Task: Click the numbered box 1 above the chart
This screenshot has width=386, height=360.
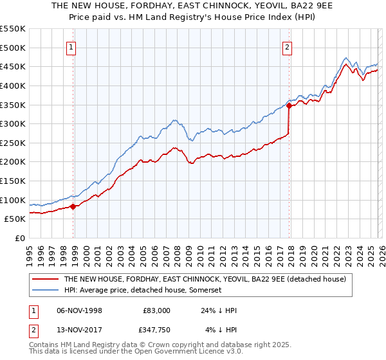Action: (70, 46)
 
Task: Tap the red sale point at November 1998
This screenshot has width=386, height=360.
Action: (73, 206)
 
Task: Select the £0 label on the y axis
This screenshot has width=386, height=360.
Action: (21, 238)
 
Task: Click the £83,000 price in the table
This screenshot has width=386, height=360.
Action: (156, 310)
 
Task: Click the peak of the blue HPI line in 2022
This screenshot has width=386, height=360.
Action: (345, 57)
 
